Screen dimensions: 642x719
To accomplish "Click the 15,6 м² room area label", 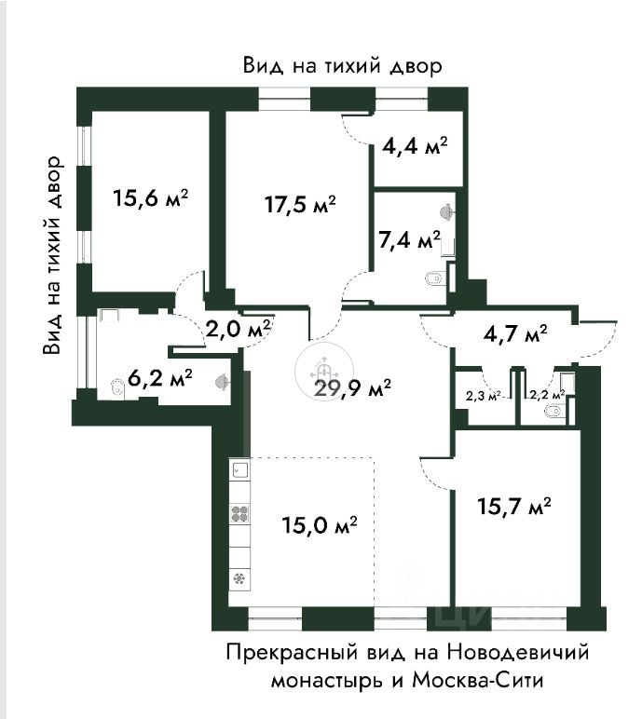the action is [151, 198].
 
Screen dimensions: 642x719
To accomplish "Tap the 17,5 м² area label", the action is [300, 204].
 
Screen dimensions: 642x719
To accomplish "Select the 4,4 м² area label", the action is [415, 145].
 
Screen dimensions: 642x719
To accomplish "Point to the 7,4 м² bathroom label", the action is [409, 239].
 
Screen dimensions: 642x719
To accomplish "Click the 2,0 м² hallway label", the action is [239, 329].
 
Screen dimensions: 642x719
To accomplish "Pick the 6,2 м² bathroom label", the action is [159, 378].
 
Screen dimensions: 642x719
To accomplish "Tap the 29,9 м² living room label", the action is [352, 389].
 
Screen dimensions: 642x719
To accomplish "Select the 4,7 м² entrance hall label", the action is [515, 333].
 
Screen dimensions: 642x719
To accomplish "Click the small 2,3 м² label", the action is [483, 396].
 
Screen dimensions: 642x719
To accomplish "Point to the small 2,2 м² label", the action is [547, 395].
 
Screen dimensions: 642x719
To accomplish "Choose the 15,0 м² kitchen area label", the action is [320, 524].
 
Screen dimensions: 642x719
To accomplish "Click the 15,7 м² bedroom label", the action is [514, 507].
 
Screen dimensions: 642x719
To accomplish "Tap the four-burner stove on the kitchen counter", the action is [239, 513].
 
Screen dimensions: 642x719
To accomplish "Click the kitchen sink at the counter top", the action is [239, 469].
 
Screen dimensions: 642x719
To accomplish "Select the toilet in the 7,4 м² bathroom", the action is [434, 278].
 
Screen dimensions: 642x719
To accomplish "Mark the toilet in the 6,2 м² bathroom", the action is [118, 387].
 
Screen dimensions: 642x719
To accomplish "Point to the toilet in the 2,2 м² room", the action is [553, 412].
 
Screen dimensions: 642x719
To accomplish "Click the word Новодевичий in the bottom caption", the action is [518, 652].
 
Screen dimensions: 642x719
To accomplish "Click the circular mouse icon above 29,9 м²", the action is [324, 369].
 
